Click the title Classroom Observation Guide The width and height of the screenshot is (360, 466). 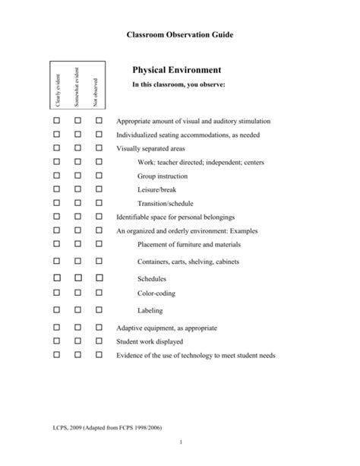click(179, 35)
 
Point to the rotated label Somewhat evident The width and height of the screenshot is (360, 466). click(77, 88)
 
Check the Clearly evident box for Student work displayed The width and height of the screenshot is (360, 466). click(58, 341)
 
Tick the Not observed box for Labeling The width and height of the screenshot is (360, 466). click(98, 310)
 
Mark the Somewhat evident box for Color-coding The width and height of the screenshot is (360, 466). click(77, 293)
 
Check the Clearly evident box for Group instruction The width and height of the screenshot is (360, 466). click(58, 176)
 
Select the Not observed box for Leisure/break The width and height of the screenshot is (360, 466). click(98, 189)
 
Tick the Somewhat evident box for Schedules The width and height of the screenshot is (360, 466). click(77, 278)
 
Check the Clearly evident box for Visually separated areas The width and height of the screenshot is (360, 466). click(58, 148)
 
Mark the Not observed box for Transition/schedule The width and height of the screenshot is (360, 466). click(98, 203)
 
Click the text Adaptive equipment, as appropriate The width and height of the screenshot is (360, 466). click(166, 328)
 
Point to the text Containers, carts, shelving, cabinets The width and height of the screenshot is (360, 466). click(188, 262)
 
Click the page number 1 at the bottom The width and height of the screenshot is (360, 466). click(180, 443)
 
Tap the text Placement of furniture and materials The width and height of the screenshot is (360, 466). click(189, 245)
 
